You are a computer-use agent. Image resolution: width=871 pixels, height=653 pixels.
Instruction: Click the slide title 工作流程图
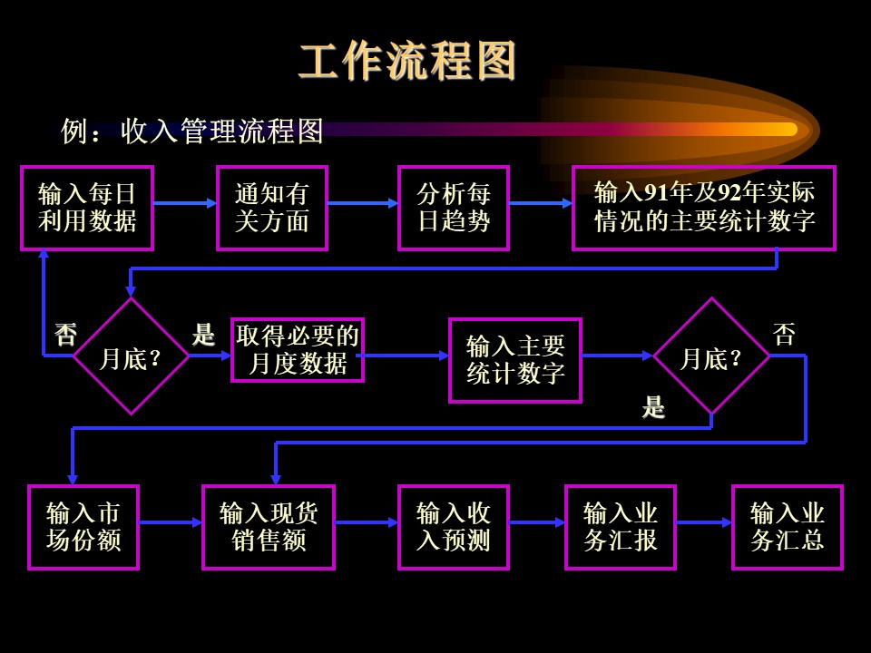coord(407,61)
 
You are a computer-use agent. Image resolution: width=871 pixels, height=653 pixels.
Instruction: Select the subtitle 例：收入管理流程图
coord(192,132)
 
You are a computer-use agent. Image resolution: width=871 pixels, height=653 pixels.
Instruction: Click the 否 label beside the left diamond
coord(65,335)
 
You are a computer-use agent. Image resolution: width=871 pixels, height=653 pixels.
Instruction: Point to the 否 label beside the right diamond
coord(784,335)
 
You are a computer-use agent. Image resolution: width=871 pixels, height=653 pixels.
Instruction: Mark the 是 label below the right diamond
coord(653,407)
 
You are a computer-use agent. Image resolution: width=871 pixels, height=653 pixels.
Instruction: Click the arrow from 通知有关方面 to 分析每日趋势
coord(363,203)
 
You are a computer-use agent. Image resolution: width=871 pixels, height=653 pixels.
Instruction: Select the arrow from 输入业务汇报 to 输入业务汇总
coord(704,522)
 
